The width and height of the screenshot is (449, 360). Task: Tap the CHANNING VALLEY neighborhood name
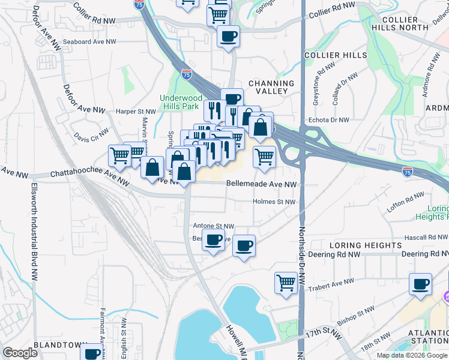pos(271,88)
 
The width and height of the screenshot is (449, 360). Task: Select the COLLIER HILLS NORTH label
pos(417,23)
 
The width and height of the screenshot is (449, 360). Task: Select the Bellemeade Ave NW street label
pos(261,184)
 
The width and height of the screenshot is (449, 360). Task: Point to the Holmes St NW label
pos(274,202)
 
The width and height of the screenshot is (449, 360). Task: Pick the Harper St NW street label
pos(136,111)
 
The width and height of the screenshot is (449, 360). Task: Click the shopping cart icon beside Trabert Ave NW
pos(286,282)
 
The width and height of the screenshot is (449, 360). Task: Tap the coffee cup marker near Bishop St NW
pos(420,283)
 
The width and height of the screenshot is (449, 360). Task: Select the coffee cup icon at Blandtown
pos(92,353)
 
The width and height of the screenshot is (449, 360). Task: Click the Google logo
pos(20,353)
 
